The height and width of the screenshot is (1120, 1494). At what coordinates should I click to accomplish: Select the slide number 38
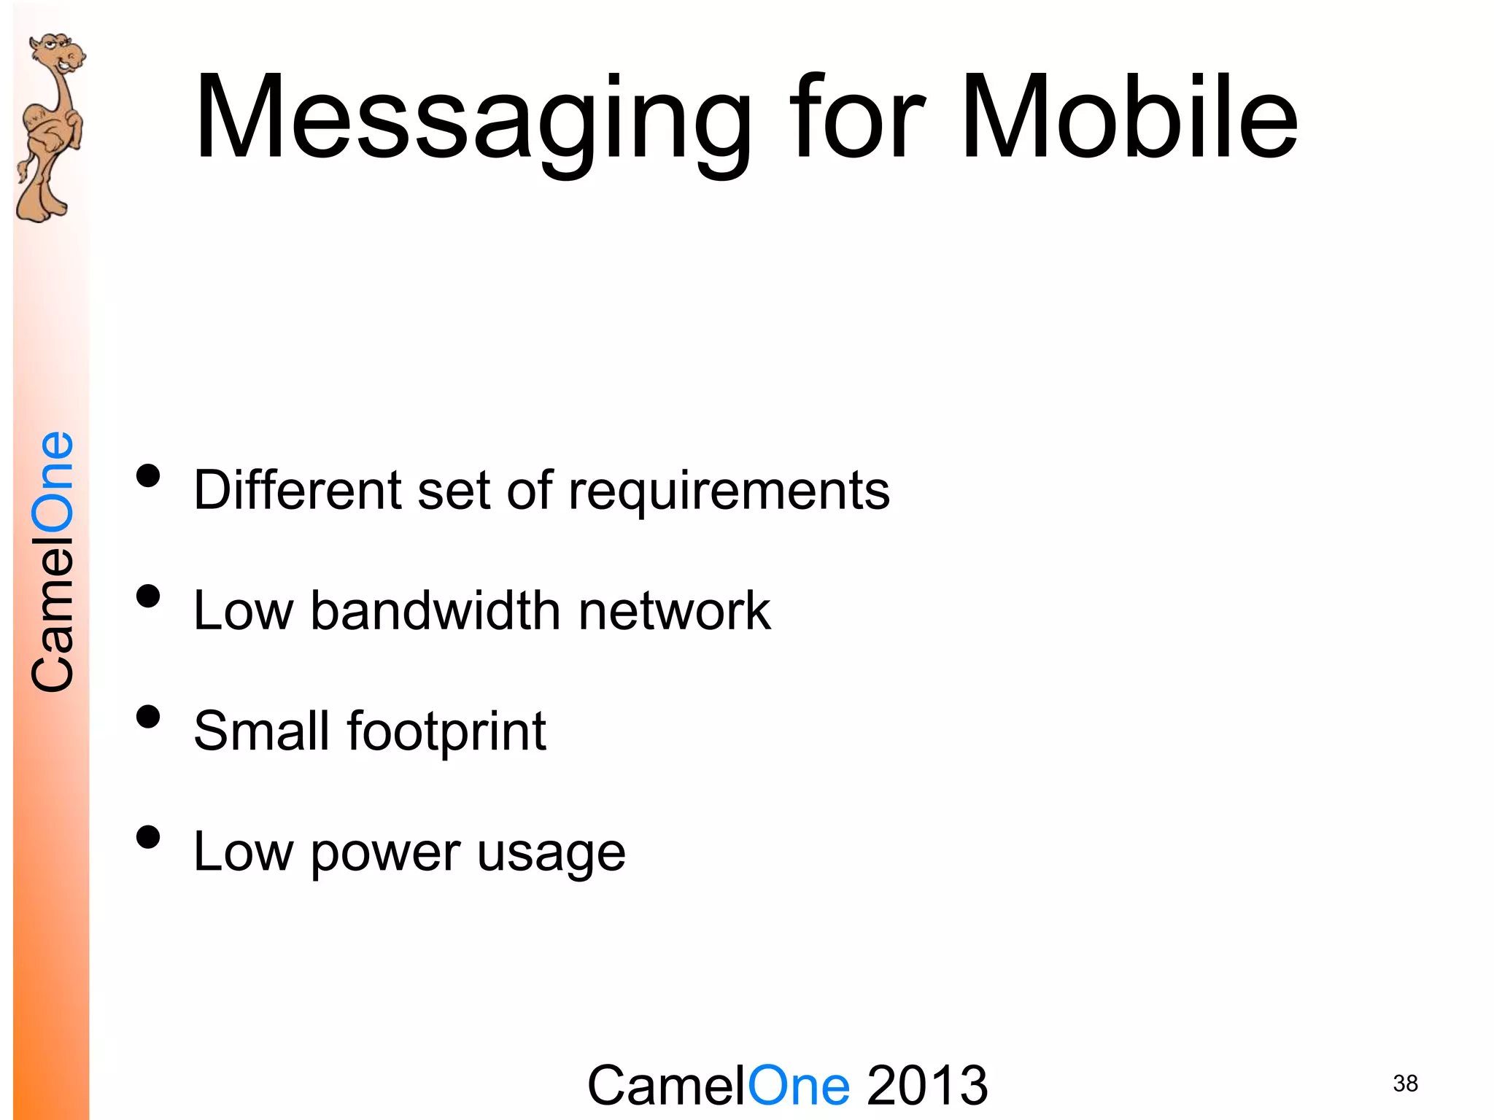pos(1405,1084)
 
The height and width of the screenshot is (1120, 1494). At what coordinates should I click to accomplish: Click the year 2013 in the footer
pos(927,1086)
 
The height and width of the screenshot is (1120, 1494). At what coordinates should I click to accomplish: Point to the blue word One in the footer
pos(799,1086)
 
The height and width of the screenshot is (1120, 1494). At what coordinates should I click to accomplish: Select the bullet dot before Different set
pos(148,475)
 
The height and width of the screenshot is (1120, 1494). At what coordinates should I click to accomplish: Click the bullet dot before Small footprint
pos(148,717)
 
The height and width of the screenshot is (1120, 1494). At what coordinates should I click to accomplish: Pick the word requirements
pos(729,491)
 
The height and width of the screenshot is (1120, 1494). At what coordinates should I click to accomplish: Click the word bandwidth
pos(436,610)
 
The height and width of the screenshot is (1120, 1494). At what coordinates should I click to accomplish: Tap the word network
pos(674,610)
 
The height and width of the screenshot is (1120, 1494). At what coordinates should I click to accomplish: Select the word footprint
pos(446,731)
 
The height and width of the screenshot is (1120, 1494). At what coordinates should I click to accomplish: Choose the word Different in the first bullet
pos(297,489)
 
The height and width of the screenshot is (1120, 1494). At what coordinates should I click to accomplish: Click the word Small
pos(261,731)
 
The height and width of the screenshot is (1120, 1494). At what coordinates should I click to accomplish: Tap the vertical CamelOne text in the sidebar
pos(53,561)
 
